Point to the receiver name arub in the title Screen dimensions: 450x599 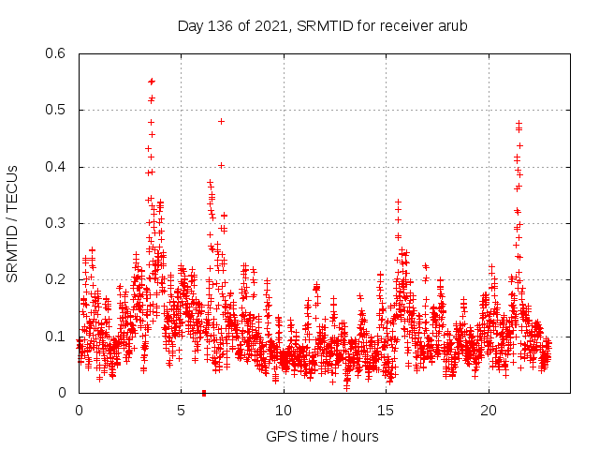(x=452, y=25)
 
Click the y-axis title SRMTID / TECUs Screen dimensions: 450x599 (x=13, y=224)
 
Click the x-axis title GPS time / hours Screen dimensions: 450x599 (x=322, y=436)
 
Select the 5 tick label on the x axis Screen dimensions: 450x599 (x=182, y=411)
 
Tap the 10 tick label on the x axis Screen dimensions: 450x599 (x=284, y=411)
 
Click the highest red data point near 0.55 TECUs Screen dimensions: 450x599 (x=152, y=82)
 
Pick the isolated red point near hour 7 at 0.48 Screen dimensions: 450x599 (x=221, y=121)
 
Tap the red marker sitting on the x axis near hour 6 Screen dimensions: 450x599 (x=204, y=392)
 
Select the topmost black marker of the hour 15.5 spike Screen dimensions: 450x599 (x=398, y=202)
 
